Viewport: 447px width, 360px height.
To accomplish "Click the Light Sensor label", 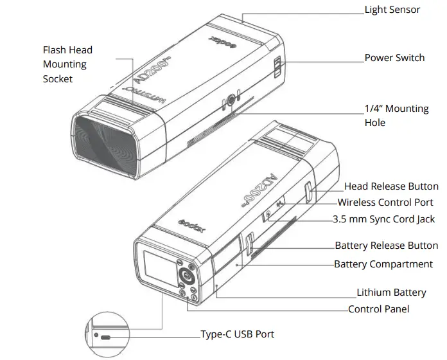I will tap(392, 10).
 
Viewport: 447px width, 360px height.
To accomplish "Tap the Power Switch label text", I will tap(394, 58).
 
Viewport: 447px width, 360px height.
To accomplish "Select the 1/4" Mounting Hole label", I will tap(396, 115).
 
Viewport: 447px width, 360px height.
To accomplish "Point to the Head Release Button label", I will tap(391, 186).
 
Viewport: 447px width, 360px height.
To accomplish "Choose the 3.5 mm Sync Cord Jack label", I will tap(383, 219).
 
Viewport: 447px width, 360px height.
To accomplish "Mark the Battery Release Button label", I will tap(386, 246).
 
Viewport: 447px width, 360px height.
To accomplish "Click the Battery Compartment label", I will tap(383, 264).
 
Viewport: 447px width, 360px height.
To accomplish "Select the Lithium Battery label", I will tap(391, 292).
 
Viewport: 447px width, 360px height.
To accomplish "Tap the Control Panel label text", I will tap(378, 309).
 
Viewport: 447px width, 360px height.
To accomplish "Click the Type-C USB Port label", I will tap(237, 334).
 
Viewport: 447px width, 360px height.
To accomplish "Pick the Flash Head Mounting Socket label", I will tap(67, 64).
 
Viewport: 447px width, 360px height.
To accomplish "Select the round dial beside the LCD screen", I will tap(186, 276).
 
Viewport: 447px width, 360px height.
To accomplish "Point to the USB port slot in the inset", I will tap(105, 336).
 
